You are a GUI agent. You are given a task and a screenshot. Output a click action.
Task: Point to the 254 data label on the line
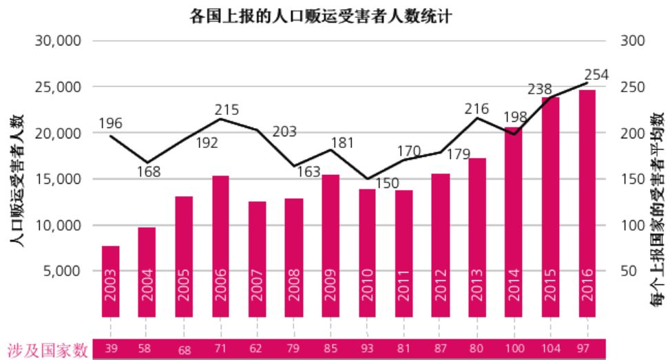point(596,74)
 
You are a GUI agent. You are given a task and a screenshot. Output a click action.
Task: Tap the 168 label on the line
point(147,172)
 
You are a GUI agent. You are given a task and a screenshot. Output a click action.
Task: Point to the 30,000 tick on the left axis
point(57,41)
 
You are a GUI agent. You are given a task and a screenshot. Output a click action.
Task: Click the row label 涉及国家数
point(48,350)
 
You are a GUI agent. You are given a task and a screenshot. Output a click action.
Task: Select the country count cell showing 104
point(550,349)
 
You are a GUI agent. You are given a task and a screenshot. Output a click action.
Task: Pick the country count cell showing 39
point(111,349)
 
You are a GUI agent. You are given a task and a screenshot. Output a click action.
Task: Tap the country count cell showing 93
point(367,349)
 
